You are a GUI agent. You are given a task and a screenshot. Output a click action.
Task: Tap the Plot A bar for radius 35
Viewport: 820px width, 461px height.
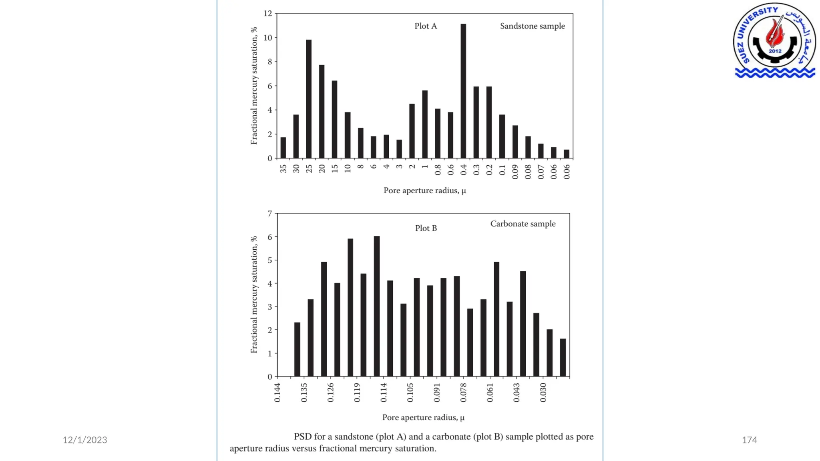pyautogui.click(x=283, y=148)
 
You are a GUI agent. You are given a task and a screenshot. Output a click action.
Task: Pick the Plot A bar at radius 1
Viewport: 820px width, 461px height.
pyautogui.click(x=425, y=124)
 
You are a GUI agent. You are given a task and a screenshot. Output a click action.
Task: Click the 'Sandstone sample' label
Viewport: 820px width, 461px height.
pyautogui.click(x=532, y=26)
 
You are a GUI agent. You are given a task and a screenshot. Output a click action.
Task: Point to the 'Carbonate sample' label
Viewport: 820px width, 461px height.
pyautogui.click(x=523, y=224)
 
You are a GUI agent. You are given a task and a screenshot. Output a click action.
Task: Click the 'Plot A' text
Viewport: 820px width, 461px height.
pyautogui.click(x=426, y=26)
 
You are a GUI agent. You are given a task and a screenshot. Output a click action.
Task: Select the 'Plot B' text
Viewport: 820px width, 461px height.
pyautogui.click(x=426, y=228)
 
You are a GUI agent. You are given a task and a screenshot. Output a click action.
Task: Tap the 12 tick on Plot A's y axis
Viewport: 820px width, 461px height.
pyautogui.click(x=267, y=14)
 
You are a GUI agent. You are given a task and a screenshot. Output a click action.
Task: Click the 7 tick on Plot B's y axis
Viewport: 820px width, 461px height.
pyautogui.click(x=270, y=214)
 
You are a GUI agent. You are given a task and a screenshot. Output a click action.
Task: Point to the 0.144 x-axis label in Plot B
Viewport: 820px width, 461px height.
pyautogui.click(x=277, y=392)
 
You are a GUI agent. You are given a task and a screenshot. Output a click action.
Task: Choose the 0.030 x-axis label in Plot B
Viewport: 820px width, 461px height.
pyautogui.click(x=543, y=392)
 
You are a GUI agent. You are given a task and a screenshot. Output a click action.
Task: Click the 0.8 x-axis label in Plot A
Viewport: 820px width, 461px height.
pyautogui.click(x=438, y=170)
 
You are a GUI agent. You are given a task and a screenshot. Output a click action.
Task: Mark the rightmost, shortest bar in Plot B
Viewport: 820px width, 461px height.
pyautogui.click(x=563, y=358)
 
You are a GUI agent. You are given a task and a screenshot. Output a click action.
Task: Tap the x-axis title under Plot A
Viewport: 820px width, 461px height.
pyautogui.click(x=424, y=190)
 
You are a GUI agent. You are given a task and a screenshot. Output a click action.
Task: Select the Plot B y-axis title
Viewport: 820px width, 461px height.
pyautogui.click(x=253, y=295)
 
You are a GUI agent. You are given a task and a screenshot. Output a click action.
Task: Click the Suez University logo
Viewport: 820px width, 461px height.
pyautogui.click(x=774, y=40)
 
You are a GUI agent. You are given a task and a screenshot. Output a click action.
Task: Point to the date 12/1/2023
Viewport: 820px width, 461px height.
pyautogui.click(x=85, y=440)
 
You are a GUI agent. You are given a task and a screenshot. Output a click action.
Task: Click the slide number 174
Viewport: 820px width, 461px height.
pyautogui.click(x=749, y=440)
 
